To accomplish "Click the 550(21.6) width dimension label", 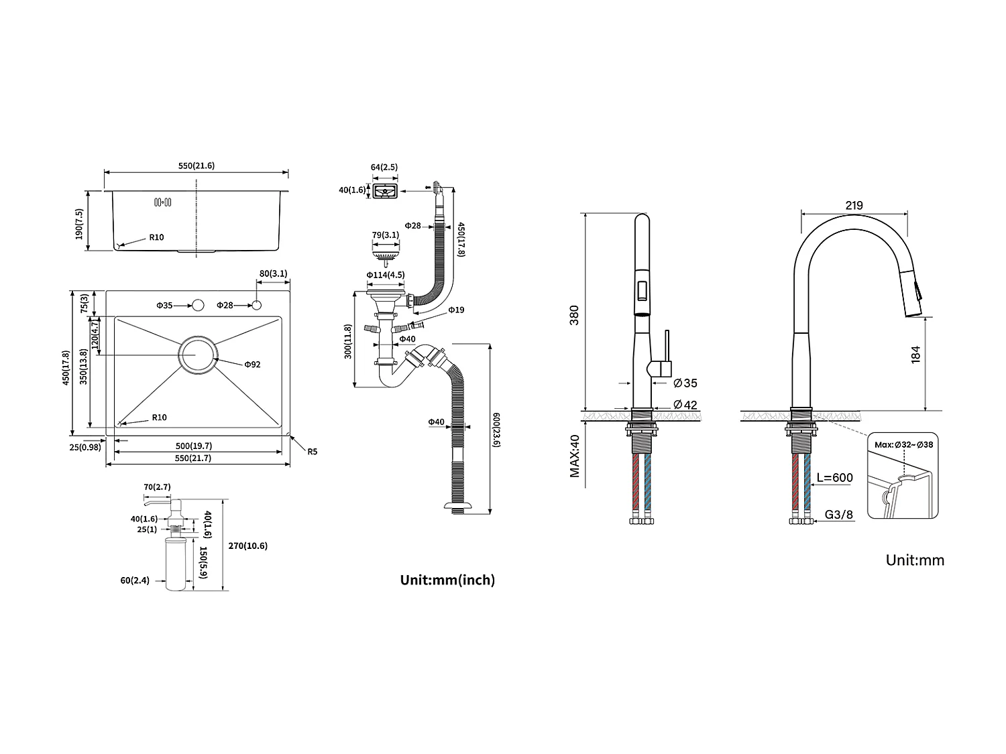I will pyautogui.click(x=197, y=166).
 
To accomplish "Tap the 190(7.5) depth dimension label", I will pyautogui.click(x=79, y=224).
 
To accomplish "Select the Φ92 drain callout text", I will pyautogui.click(x=252, y=365).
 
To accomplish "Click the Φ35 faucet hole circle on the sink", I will pyautogui.click(x=198, y=306).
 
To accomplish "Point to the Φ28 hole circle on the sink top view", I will pyautogui.click(x=256, y=306).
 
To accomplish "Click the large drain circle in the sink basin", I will pyautogui.click(x=198, y=355).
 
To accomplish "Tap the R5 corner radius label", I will pyautogui.click(x=312, y=452).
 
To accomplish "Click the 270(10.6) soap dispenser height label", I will pyautogui.click(x=247, y=546).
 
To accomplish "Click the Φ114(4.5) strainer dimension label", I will pyautogui.click(x=385, y=275).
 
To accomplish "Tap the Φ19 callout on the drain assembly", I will pyautogui.click(x=456, y=310).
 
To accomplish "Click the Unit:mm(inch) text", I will pyautogui.click(x=447, y=580).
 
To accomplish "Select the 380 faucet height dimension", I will pyautogui.click(x=574, y=315).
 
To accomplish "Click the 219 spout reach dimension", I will pyautogui.click(x=854, y=206).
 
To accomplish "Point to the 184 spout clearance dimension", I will pyautogui.click(x=916, y=355).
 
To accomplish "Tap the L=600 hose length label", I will pyautogui.click(x=834, y=478).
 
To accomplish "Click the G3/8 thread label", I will pyautogui.click(x=839, y=515).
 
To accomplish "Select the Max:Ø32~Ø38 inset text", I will pyautogui.click(x=903, y=444).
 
